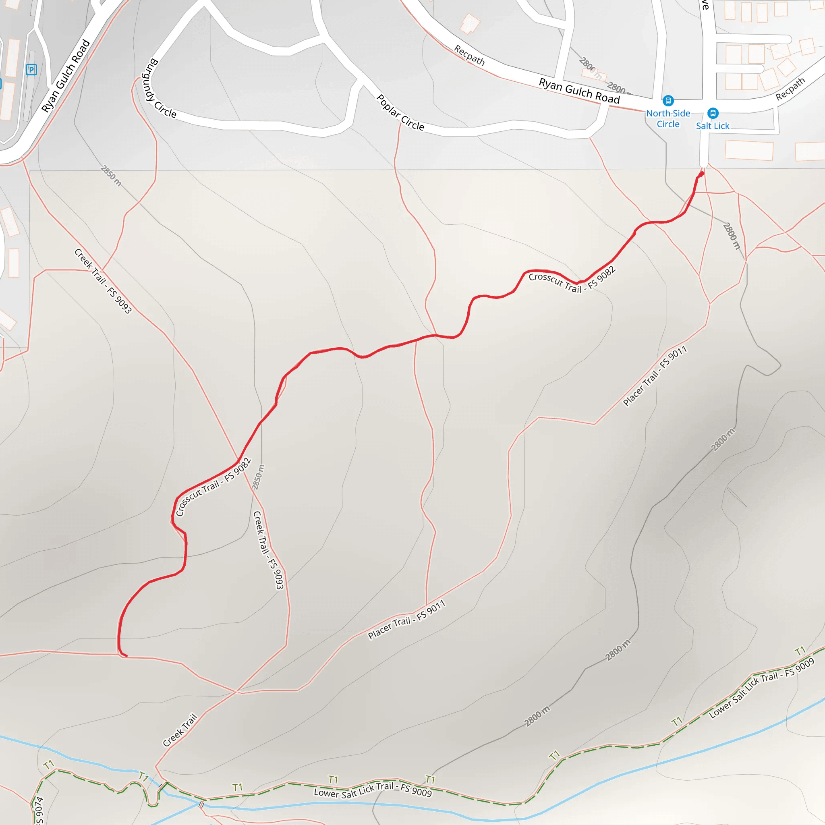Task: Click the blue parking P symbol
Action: tap(31, 70)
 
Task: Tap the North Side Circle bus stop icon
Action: tap(668, 101)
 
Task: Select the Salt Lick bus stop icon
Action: tap(713, 113)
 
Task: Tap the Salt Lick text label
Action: tap(713, 126)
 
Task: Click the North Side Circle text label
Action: tap(668, 119)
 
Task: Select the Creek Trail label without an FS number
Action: tap(180, 730)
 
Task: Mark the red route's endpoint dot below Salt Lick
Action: tap(701, 174)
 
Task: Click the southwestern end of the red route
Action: tap(126, 655)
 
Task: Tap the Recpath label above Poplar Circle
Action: tap(469, 56)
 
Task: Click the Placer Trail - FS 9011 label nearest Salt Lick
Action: tap(655, 376)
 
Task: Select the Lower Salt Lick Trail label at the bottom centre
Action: tap(373, 790)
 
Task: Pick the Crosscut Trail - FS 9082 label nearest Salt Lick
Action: tap(572, 280)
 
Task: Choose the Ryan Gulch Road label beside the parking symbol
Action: tap(66, 76)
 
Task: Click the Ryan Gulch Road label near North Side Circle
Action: tap(579, 91)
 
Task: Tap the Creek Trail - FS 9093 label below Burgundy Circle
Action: tap(103, 281)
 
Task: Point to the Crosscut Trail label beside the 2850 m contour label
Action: tap(213, 487)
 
